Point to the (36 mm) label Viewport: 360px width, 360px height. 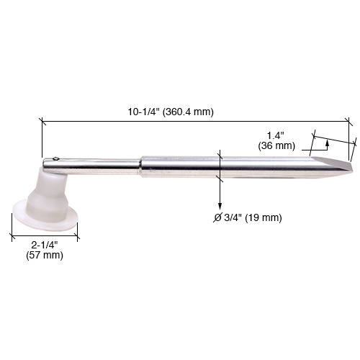276,145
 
